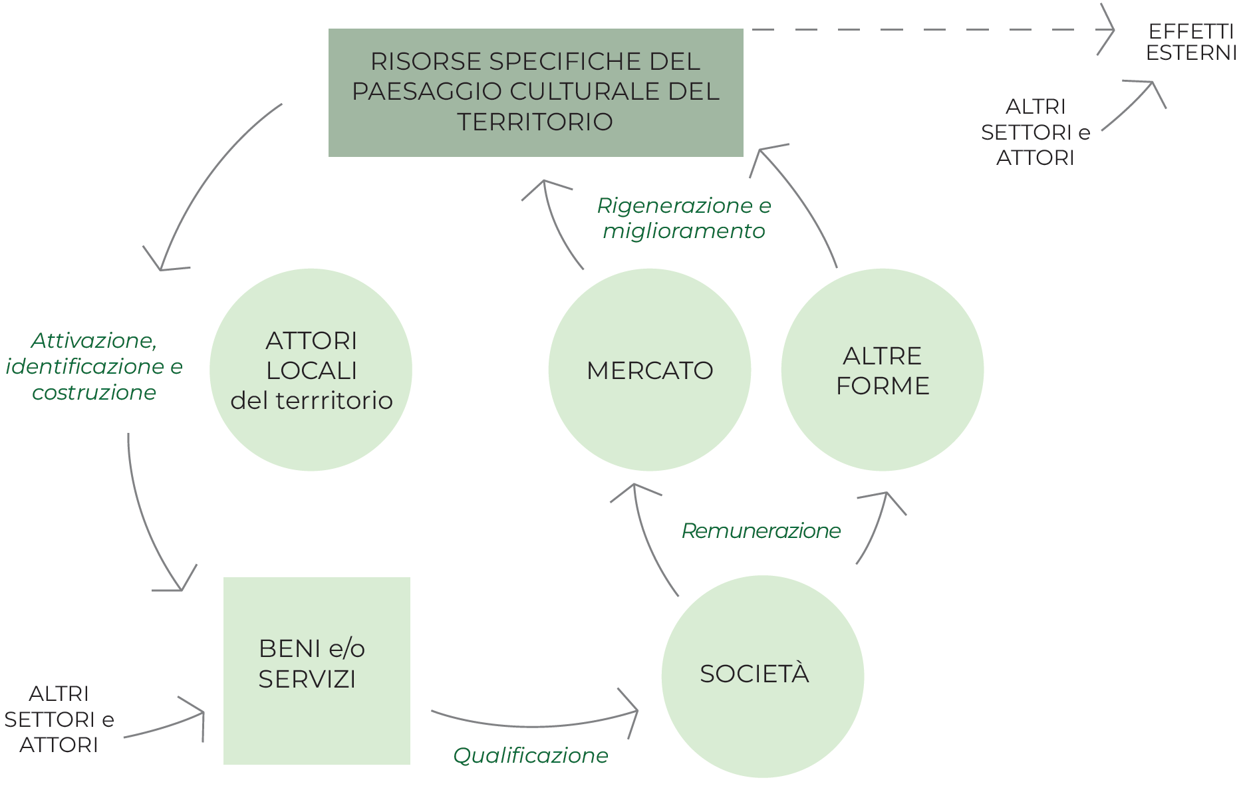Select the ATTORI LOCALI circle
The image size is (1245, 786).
311,370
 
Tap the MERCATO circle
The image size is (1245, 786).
650,370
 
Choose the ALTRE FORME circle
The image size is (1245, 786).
882,370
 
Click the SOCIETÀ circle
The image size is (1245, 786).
762,676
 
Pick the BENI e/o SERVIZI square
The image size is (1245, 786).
317,670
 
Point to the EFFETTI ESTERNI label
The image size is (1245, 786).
1190,42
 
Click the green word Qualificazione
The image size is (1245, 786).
530,755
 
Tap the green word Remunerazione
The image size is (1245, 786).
761,531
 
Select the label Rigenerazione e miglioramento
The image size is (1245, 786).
684,218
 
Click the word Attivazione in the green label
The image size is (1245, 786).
94,340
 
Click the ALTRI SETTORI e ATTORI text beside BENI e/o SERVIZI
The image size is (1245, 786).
59,720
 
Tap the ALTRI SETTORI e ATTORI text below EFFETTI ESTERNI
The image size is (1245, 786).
1035,132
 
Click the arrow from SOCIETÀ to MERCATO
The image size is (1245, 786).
645,539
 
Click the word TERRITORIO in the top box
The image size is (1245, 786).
535,122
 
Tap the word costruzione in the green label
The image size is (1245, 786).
94,392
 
